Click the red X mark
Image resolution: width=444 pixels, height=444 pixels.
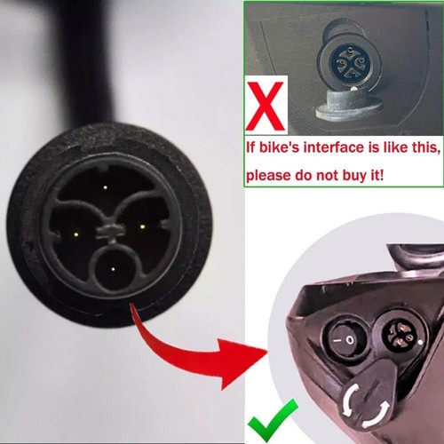(x=265, y=107)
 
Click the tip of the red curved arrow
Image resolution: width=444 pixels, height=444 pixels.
(x=266, y=353)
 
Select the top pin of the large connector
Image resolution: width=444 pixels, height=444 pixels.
(x=105, y=187)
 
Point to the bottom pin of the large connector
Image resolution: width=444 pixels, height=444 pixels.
(x=113, y=269)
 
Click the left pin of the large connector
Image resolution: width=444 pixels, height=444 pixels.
(x=75, y=234)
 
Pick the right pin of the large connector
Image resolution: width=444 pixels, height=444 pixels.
(x=142, y=226)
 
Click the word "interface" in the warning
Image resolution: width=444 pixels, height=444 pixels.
(x=335, y=147)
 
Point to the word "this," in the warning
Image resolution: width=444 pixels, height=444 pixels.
(x=424, y=147)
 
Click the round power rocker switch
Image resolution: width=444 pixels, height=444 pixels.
(x=345, y=339)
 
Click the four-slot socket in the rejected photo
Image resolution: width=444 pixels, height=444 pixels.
(x=350, y=62)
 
